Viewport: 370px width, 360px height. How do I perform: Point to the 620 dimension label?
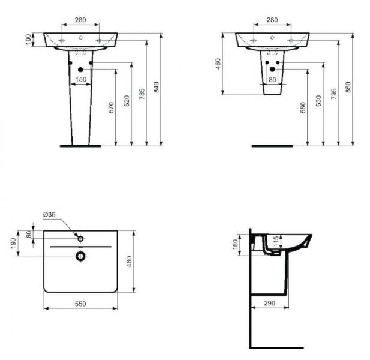pos(127,101)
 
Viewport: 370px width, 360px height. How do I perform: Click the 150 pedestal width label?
pos(80,79)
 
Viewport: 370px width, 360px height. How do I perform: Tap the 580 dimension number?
pos(303,107)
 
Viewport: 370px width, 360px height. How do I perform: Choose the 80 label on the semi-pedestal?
pos(272,79)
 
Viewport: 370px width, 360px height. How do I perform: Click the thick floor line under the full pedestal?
pos(80,145)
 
